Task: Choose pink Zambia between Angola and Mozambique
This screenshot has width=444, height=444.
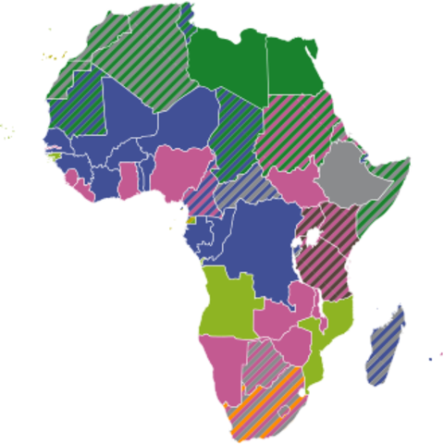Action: pyautogui.click(x=282, y=319)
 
